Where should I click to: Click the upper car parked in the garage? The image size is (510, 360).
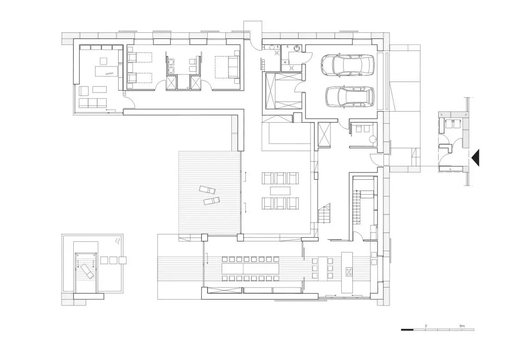(347, 65)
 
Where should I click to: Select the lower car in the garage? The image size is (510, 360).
(350, 97)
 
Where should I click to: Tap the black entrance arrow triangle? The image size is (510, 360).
(475, 158)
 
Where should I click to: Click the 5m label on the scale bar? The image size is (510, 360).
(462, 326)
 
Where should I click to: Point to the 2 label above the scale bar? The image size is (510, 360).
(426, 326)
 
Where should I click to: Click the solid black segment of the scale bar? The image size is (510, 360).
(407, 330)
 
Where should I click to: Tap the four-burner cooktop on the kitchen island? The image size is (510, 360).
(349, 272)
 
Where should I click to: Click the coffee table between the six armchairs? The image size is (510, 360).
(280, 190)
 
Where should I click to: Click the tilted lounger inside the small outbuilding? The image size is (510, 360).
(87, 271)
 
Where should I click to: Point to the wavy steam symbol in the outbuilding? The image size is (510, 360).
(118, 241)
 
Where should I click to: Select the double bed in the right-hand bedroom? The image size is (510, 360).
(227, 67)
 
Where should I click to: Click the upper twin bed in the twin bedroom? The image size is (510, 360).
(140, 57)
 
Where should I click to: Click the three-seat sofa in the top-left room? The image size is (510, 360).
(93, 103)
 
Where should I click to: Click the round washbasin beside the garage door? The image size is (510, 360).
(297, 48)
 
